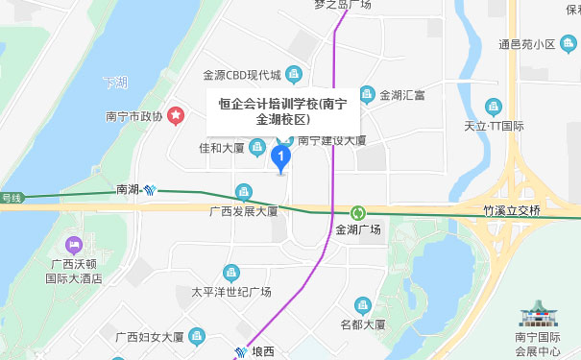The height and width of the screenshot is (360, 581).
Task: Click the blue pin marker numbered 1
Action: [281, 156]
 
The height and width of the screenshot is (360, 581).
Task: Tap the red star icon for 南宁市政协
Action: [177, 116]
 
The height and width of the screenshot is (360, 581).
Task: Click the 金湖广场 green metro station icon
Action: [358, 213]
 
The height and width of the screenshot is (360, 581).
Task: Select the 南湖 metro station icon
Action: [152, 190]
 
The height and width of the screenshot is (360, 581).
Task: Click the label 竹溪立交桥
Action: [513, 209]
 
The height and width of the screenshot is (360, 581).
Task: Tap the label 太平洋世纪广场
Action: [231, 292]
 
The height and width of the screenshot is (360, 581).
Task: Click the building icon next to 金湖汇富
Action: [366, 94]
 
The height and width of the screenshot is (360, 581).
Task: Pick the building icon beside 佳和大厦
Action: [257, 147]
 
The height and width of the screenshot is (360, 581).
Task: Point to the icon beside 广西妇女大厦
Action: [197, 336]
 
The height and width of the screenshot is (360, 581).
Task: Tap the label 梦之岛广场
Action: [342, 5]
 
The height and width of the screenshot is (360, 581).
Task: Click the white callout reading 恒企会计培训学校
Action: [283, 110]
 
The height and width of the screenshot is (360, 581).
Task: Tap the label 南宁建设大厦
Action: [332, 140]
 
